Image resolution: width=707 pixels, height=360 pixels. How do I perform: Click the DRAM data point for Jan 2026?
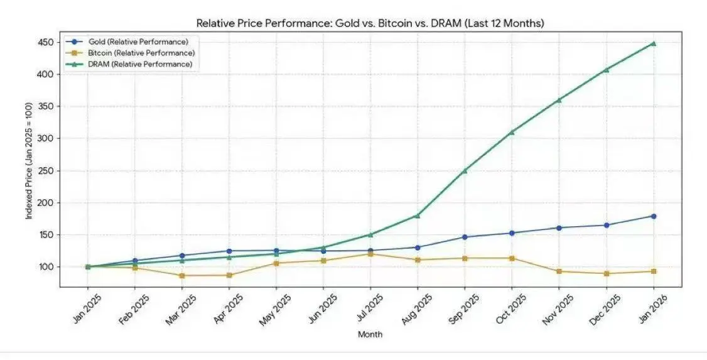653,43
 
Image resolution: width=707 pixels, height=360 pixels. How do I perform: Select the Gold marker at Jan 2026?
653,216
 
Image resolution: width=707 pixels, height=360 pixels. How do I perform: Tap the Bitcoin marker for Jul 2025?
370,254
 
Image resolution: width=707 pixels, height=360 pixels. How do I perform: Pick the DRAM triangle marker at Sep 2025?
465,170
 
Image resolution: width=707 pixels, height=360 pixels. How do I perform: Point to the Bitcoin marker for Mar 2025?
182,275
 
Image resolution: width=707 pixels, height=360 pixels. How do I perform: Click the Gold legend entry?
138,41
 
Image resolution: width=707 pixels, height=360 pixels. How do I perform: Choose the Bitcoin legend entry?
141,53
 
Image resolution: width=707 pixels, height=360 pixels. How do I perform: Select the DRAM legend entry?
140,64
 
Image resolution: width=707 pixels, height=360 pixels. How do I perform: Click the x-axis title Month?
370,335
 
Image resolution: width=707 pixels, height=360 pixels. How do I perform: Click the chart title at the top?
370,23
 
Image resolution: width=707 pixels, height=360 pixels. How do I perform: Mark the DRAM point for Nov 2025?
559,100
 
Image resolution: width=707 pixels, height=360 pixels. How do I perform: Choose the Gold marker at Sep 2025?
465,237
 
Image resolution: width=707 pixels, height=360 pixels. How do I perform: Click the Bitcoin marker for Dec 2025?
606,273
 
